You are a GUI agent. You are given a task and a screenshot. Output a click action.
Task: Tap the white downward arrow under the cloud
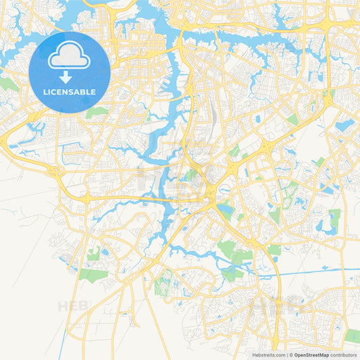[70, 78]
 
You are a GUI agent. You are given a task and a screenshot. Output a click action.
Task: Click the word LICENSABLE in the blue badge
[70, 92]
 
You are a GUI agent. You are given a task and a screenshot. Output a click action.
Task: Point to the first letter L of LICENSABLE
[45, 92]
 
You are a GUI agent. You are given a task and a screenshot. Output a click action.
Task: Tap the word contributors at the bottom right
[343, 354]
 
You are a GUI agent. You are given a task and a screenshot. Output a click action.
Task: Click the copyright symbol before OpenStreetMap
[291, 354]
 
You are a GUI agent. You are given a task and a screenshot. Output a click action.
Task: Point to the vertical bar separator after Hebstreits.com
[286, 354]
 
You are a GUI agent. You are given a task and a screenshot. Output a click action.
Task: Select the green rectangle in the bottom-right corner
[352, 336]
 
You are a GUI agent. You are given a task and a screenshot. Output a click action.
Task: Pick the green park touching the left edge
[8, 84]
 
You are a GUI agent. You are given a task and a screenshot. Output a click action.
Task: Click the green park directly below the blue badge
[97, 112]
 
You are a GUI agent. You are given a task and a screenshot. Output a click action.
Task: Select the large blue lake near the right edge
[344, 125]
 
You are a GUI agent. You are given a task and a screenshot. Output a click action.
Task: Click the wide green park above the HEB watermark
[93, 275]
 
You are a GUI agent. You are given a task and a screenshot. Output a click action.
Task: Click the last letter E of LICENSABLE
[94, 92]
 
